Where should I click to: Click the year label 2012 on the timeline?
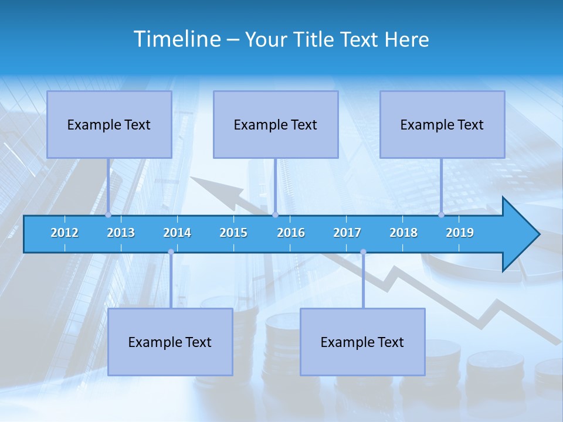[65, 233]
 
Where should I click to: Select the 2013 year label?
[121, 233]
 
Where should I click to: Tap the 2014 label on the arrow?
[177, 233]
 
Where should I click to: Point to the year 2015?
[233, 233]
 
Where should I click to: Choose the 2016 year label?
[291, 233]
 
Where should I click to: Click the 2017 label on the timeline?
[347, 233]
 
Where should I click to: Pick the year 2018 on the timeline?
[403, 233]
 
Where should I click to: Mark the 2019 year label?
[460, 233]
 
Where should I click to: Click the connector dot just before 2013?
[108, 215]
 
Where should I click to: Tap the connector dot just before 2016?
[275, 215]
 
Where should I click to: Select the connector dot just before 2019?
[441, 215]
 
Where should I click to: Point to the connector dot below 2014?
[171, 252]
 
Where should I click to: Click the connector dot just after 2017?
[363, 252]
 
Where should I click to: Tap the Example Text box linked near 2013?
[109, 124]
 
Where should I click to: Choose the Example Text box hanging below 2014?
[170, 342]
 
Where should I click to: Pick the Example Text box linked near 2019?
[442, 124]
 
